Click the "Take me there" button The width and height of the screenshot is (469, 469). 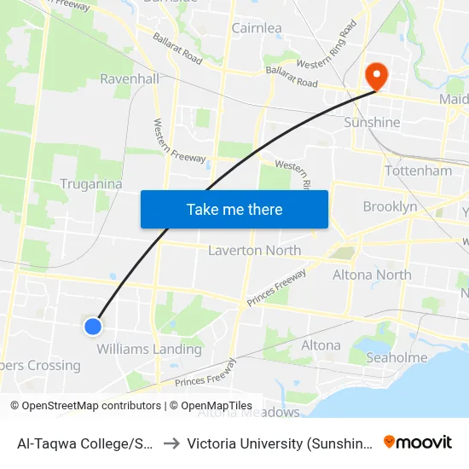[x=234, y=209]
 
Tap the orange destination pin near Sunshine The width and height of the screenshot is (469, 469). [x=375, y=75]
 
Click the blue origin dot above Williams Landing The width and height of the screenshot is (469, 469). [x=94, y=326]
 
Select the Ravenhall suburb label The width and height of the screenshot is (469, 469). [x=130, y=78]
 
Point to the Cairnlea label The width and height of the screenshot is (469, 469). [x=257, y=28]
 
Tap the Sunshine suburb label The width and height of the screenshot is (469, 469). [x=371, y=122]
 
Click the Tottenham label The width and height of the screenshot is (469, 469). [x=418, y=171]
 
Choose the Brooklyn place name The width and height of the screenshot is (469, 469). [x=390, y=206]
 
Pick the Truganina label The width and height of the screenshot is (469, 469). [x=91, y=183]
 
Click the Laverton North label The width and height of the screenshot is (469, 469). [x=254, y=251]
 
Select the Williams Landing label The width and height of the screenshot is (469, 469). [x=149, y=349]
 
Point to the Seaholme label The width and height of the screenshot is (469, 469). [x=397, y=358]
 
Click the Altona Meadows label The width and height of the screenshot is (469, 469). [x=249, y=413]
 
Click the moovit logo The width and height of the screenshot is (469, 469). [x=418, y=442]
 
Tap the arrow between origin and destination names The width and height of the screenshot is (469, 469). [x=171, y=443]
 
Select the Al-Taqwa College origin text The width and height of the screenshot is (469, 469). [x=85, y=443]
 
